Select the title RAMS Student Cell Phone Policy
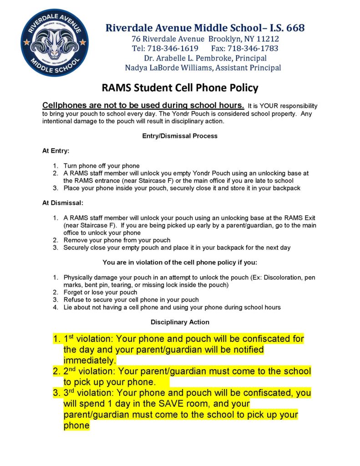179,88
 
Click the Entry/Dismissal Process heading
180,136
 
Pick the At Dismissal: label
62,203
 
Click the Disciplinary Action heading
180,322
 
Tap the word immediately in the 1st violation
90,360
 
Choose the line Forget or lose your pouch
100,292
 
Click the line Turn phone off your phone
101,166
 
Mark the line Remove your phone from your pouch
117,240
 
